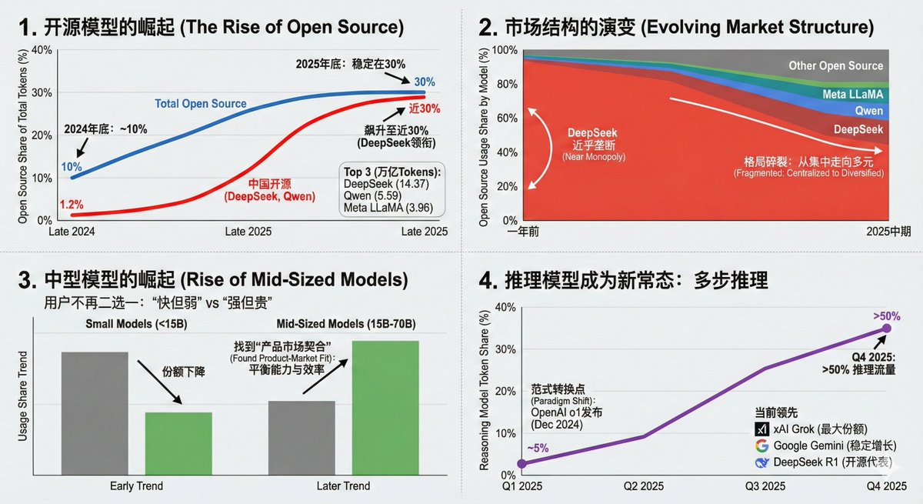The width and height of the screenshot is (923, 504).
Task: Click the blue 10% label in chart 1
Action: (72, 166)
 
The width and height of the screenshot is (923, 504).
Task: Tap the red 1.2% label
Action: (72, 205)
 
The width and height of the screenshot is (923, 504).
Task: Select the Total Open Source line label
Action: (201, 103)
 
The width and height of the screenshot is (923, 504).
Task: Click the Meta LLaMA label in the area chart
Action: (853, 94)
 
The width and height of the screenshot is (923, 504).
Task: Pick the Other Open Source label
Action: (835, 66)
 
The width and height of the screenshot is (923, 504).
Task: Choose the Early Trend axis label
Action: (137, 486)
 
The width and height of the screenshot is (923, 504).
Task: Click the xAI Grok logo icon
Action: (761, 429)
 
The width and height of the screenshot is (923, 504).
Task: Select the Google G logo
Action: (761, 446)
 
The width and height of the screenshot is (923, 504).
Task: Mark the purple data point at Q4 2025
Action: (886, 329)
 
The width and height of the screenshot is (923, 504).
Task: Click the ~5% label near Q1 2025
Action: (537, 448)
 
